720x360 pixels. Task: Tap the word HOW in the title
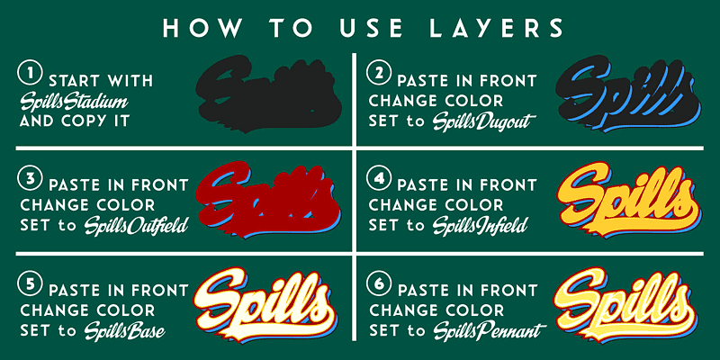(201, 28)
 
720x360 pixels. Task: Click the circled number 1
(29, 74)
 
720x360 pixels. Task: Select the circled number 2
(379, 74)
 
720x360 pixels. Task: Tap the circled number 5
(30, 283)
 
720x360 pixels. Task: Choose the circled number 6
(378, 283)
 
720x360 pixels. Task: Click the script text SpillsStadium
(74, 102)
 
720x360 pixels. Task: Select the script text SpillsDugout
(484, 121)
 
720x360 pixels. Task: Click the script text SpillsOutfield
(137, 226)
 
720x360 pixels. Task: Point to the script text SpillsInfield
(480, 226)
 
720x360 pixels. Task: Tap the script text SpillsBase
(124, 330)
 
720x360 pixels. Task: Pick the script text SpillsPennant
(489, 330)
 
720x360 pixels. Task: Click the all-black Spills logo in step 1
(268, 94)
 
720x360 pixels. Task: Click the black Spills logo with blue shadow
(628, 94)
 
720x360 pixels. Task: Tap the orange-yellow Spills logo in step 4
(627, 201)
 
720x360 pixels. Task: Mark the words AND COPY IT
(75, 121)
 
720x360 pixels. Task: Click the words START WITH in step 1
(101, 81)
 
